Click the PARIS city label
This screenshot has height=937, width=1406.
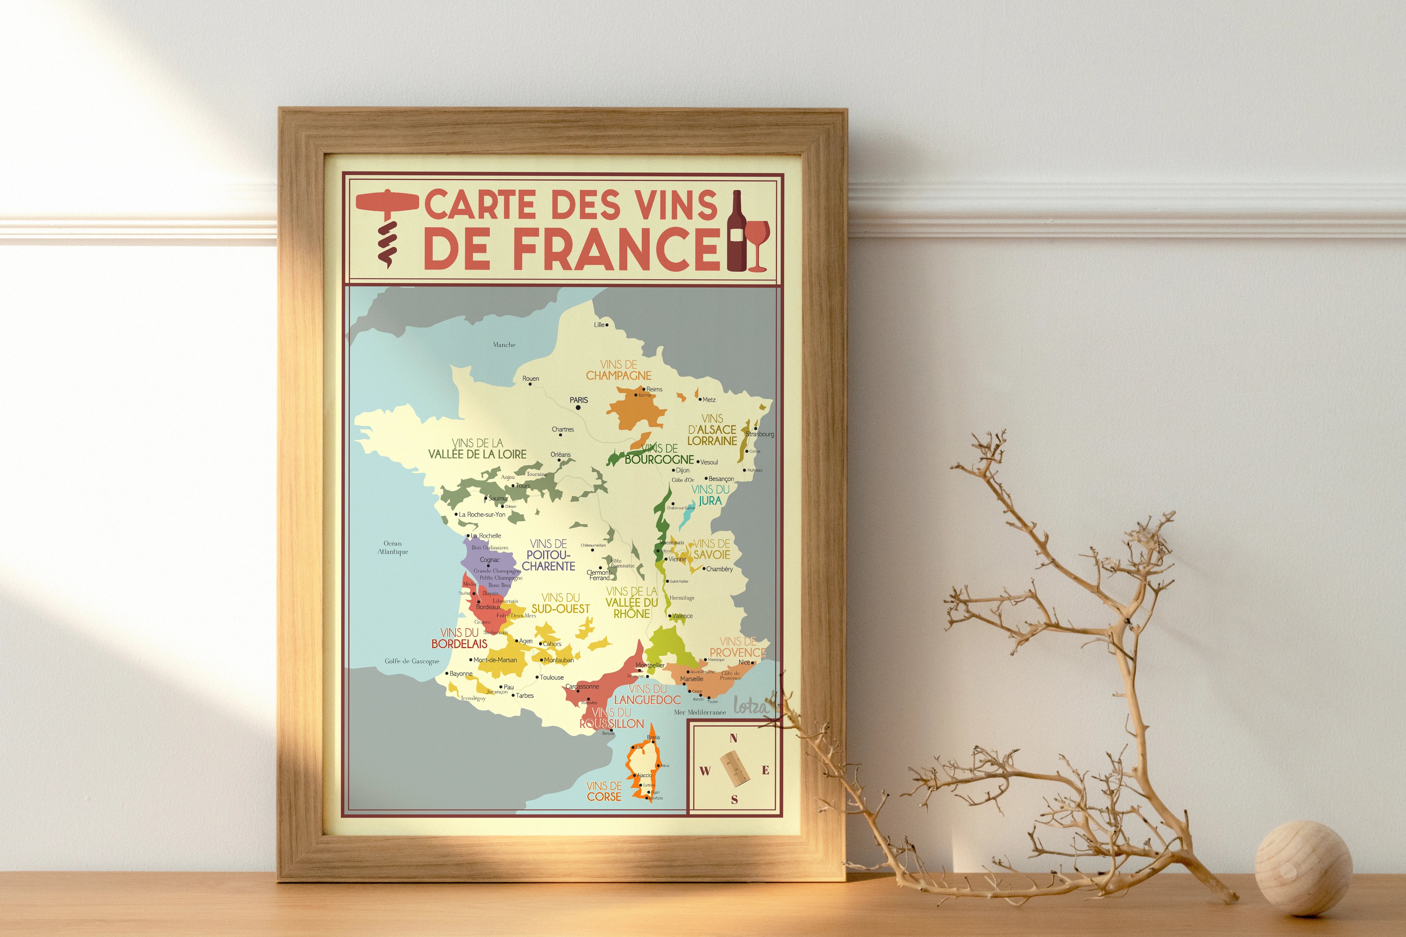(579, 400)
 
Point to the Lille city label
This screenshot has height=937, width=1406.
(599, 325)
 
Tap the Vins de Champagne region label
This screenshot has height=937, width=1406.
(619, 370)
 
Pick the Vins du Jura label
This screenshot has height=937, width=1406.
(710, 495)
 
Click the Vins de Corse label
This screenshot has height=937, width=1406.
(604, 791)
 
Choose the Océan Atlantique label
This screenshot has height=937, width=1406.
(393, 547)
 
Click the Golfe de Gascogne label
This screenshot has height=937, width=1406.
(412, 661)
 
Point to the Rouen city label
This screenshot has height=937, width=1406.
(530, 378)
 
